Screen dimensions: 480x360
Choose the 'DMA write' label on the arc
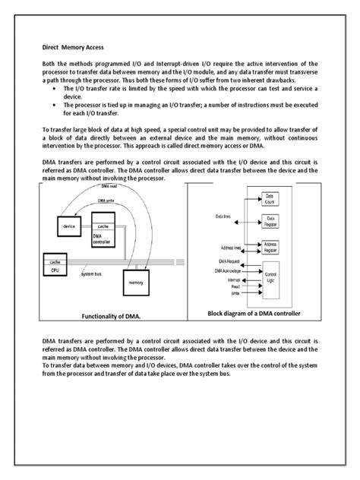pyautogui.click(x=107, y=202)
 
